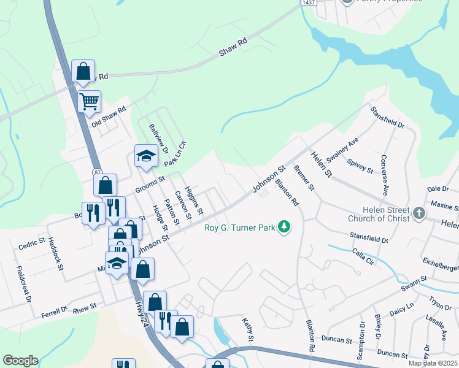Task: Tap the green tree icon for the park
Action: point(283,228)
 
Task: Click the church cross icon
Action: point(419,213)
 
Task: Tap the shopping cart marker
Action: point(90,101)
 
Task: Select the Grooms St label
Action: point(150,184)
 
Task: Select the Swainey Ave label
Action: point(342,151)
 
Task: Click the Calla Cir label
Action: point(363,256)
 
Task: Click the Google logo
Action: point(20,361)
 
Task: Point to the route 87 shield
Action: point(98,172)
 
